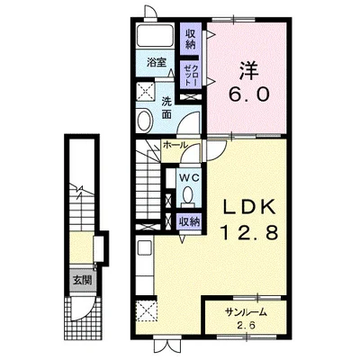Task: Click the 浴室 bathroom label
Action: point(157,63)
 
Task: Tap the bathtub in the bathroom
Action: point(156,36)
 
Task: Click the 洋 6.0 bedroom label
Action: point(249,82)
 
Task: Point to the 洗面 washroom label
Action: point(166,108)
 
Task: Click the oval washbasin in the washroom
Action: point(144,121)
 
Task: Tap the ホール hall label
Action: point(175,145)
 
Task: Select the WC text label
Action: point(189,178)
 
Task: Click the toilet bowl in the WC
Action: point(188,196)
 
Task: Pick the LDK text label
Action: point(248,207)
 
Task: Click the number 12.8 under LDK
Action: point(249,233)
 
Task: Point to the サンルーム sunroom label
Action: point(246,312)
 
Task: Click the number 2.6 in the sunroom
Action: point(247,326)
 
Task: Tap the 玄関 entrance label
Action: point(83,281)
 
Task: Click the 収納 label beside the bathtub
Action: point(190,39)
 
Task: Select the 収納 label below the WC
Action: point(190,222)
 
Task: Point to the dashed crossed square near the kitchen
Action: point(146,310)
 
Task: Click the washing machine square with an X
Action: point(145,92)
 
